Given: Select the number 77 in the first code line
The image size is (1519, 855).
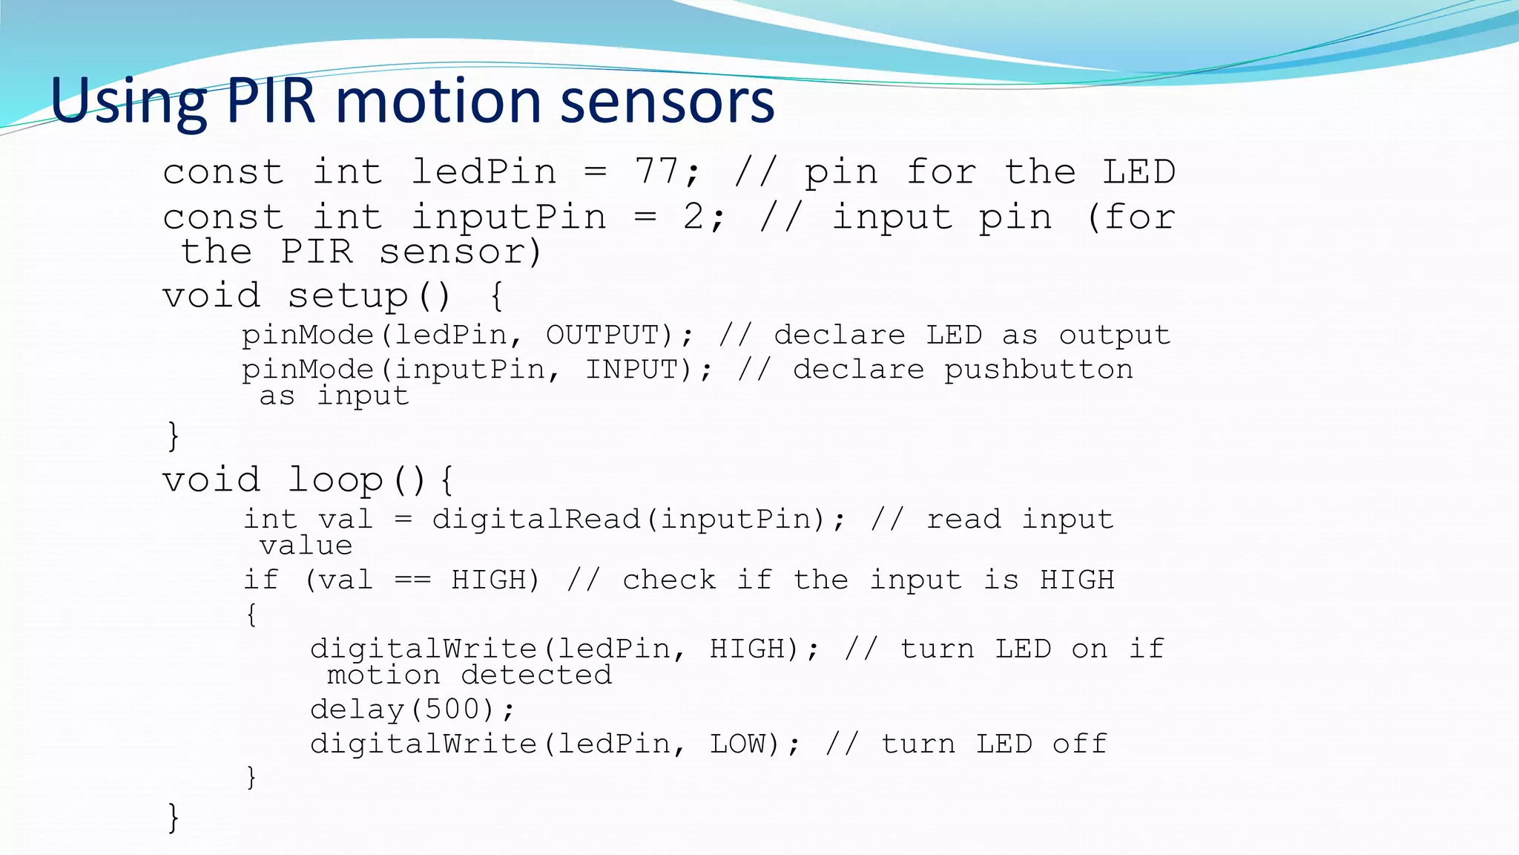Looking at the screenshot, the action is tap(656, 171).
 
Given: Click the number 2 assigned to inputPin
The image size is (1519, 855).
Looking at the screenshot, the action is tap(693, 217).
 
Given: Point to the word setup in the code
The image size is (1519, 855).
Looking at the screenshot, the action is tap(348, 296).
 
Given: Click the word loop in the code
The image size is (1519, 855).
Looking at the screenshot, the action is tap(335, 479).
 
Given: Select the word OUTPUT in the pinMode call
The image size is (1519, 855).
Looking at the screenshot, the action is tap(602, 335).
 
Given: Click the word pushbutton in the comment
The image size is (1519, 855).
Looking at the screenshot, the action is tap(1038, 369).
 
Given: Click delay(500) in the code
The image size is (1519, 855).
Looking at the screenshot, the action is tap(412, 710).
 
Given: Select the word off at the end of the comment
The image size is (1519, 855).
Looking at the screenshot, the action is tap(1079, 744).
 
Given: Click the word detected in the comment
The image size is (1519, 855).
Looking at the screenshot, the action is tap(536, 675).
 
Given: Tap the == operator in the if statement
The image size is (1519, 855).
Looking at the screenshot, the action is tap(412, 580).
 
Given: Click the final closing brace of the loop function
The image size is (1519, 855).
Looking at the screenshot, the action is tap(174, 817).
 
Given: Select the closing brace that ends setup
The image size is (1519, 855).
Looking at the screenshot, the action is tap(174, 435).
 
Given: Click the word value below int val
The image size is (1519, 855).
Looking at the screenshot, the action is tap(306, 546).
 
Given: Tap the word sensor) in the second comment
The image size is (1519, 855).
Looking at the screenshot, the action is tap(461, 252).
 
